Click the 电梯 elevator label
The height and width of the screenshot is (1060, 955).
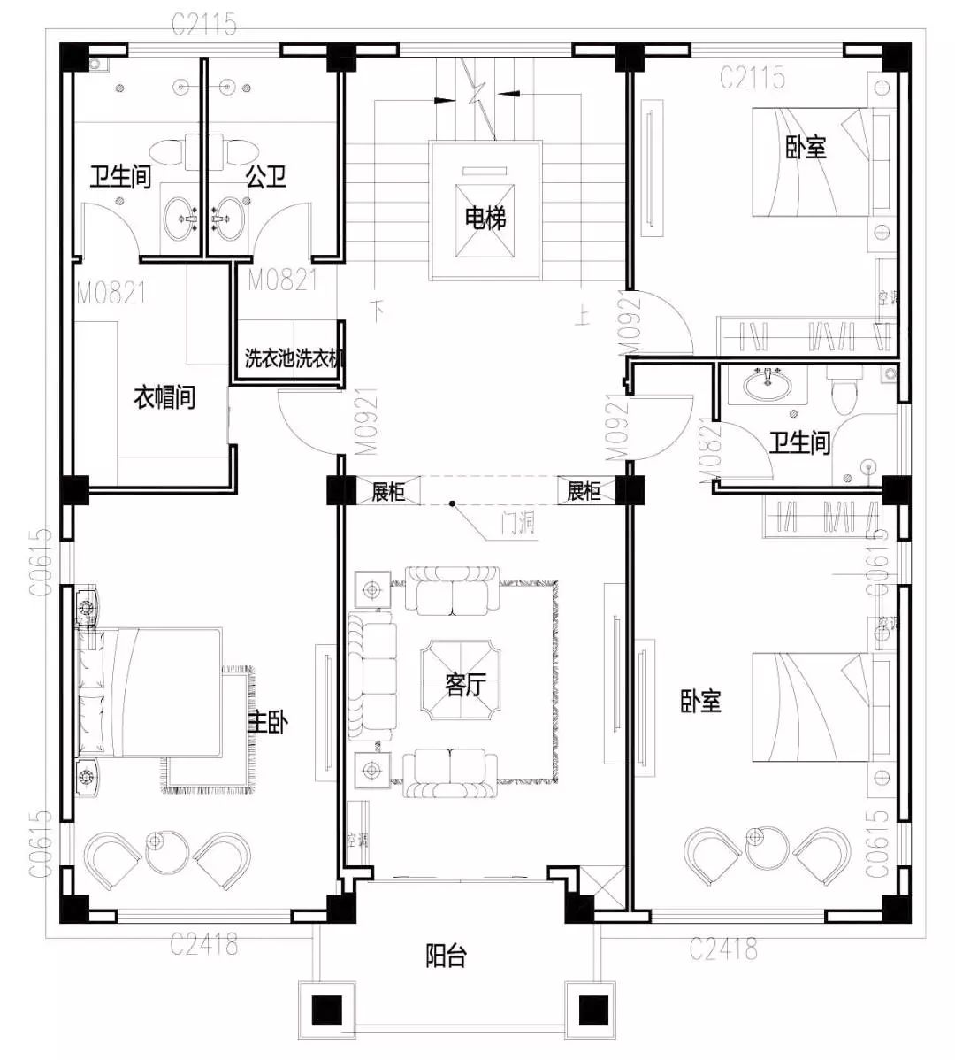point(485,217)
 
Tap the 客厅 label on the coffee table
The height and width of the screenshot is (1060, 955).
point(466,684)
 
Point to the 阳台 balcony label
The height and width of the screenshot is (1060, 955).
point(447,956)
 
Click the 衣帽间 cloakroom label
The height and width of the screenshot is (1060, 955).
point(164,396)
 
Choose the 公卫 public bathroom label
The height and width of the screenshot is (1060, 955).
point(266,176)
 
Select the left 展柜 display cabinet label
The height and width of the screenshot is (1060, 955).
point(387,491)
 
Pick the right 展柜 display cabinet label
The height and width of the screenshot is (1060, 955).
point(584,491)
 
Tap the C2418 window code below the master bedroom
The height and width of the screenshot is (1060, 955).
point(204,944)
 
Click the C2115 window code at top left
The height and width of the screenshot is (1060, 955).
point(204,24)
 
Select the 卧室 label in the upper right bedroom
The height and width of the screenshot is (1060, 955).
point(806,147)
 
